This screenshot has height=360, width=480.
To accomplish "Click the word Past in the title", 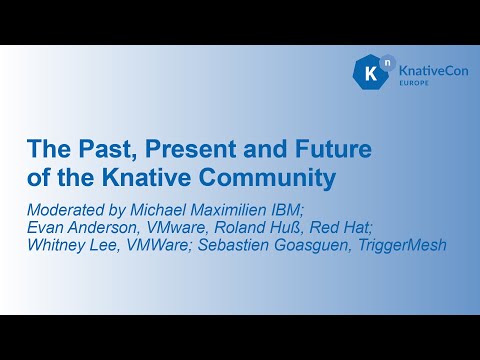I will click(x=103, y=151).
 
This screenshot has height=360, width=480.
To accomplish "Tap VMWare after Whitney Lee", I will click(x=152, y=245).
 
